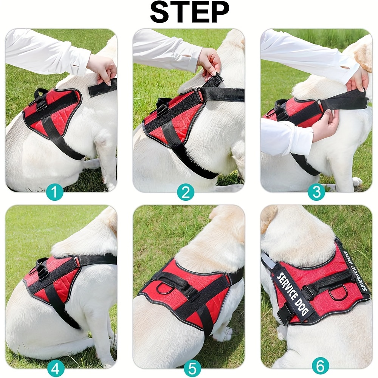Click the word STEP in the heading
189,13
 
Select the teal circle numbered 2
185,193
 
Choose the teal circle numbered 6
320,366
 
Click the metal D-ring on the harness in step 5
164,288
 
